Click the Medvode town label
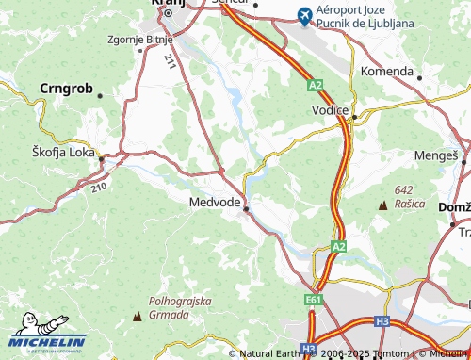215,200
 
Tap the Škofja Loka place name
65,151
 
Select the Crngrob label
66,89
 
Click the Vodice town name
331,110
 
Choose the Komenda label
387,71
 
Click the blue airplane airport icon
303,15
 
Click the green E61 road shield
314,299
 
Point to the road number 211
169,63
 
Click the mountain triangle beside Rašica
383,205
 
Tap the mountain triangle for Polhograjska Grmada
139,316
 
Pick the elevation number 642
405,190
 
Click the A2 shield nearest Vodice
314,86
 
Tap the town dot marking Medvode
247,209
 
